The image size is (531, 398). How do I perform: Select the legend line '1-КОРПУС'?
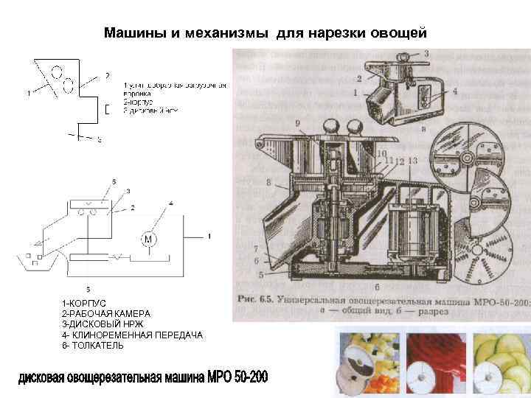click(84, 304)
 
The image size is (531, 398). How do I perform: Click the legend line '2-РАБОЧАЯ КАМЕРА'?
click(106, 314)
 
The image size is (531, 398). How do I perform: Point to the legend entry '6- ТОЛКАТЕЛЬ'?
click(93, 346)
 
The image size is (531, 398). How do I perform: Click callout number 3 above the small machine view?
click(426, 53)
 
